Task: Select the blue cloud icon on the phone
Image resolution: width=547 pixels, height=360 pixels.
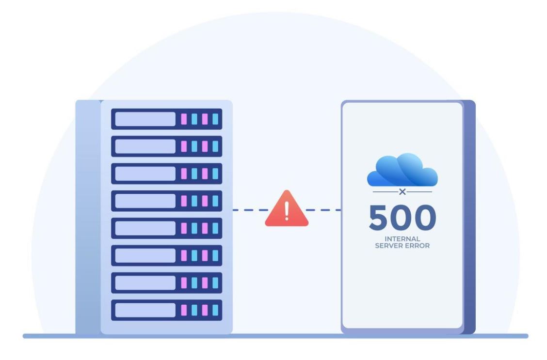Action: tap(402, 170)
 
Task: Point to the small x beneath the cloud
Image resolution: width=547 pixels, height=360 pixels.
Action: tap(402, 192)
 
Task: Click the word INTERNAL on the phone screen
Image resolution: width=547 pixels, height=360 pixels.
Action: tap(402, 239)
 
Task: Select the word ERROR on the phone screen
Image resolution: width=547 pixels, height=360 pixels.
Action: tap(418, 246)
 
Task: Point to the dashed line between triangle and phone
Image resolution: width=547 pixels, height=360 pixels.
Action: tap(324, 210)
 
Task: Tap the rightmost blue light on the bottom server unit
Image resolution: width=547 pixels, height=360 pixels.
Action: tap(215, 310)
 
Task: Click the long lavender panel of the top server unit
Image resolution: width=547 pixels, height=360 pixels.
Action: tap(145, 119)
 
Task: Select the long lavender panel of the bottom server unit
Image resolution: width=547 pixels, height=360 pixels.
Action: tap(145, 310)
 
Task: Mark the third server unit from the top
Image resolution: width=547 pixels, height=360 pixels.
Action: tap(166, 173)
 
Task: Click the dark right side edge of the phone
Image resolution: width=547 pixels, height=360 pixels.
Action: tap(469, 218)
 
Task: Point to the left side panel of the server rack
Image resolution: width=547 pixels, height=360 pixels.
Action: tap(87, 218)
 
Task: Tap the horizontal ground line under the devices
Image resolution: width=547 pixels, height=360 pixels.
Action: tap(275, 336)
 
